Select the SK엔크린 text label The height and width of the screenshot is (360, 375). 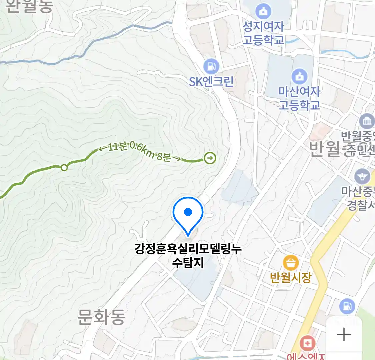pos(211,81)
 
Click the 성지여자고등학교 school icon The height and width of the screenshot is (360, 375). pos(263,12)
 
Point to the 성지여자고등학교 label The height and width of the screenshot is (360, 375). pos(263,33)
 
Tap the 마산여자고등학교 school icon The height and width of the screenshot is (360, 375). pos(299,76)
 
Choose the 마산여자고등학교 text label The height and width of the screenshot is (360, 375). pos(299,98)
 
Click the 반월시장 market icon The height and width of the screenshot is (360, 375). pos(290,263)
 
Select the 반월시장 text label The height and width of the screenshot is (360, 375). pos(291,277)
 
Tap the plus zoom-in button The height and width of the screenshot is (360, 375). pos(344,334)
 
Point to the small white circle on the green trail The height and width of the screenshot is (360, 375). pos(64,167)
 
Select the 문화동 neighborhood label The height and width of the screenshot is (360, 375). pos(101,317)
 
